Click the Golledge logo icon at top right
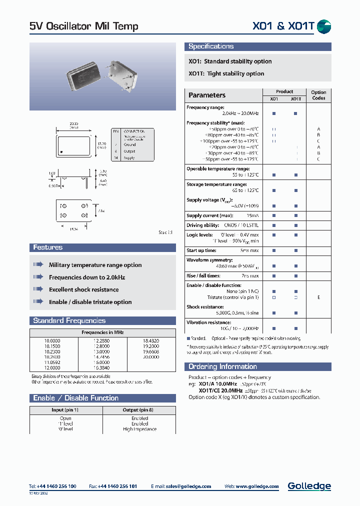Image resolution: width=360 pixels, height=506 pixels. [x=324, y=26]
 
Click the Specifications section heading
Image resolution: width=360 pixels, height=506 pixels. [x=210, y=46]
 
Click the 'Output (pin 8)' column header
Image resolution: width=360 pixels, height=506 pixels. [x=139, y=410]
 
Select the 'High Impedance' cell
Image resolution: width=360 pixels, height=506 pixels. [x=139, y=429]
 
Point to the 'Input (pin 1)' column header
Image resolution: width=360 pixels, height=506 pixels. [x=65, y=410]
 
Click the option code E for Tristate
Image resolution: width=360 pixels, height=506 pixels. [x=318, y=297]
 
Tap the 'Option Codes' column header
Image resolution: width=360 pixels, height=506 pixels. [x=318, y=95]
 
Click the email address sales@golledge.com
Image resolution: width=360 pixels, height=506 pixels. [x=187, y=486]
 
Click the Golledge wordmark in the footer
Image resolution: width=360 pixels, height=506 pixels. [x=309, y=485]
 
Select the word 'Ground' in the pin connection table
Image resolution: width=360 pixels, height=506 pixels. [x=129, y=144]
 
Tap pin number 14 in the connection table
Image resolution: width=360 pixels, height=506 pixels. [x=115, y=157]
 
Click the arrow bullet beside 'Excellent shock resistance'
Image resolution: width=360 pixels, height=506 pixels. [x=38, y=289]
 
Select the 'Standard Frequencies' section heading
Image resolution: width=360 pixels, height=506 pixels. [x=69, y=320]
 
